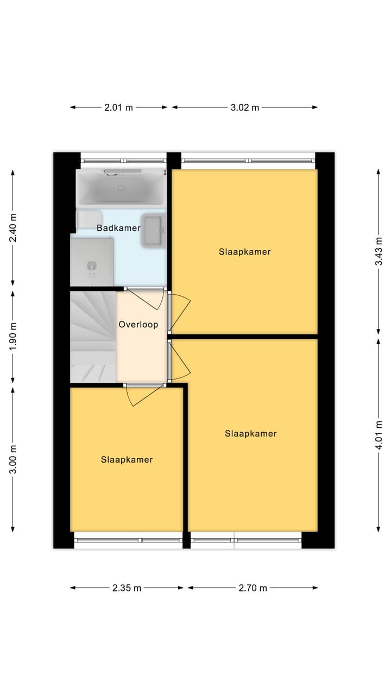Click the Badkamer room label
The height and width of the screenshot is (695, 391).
tap(118, 228)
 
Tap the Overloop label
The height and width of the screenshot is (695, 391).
tap(138, 325)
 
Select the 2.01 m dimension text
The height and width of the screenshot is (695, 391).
tap(118, 108)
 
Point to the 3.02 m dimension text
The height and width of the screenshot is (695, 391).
tap(244, 108)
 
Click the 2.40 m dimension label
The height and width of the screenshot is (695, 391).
tap(14, 228)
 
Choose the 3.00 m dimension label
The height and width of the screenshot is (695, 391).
tap(14, 459)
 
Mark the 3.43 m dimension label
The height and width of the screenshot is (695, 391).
tap(379, 252)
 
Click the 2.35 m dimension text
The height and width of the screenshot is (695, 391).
tap(127, 587)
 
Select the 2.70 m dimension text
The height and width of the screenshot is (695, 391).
tap(253, 587)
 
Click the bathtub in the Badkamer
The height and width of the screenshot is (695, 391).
tap(121, 188)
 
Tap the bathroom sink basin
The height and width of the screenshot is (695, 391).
tap(153, 231)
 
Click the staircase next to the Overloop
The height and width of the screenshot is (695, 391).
tap(93, 337)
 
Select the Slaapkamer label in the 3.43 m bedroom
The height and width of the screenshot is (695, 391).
tap(245, 252)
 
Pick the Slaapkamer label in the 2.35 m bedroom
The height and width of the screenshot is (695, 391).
tap(127, 460)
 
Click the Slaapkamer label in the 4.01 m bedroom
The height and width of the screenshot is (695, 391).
tap(251, 434)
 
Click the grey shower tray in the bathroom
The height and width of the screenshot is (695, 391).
tap(92, 262)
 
